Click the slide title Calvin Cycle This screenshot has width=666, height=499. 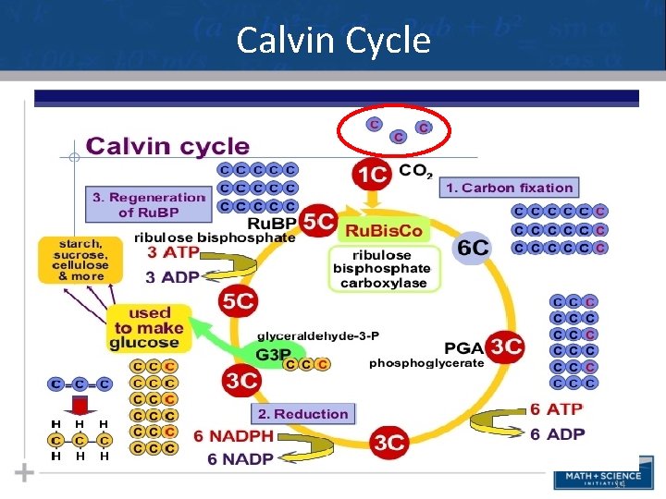pyautogui.click(x=333, y=41)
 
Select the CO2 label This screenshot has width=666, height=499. pyautogui.click(x=415, y=171)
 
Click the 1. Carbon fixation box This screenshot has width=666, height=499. pyautogui.click(x=510, y=188)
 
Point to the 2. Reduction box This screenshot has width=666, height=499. pyautogui.click(x=303, y=414)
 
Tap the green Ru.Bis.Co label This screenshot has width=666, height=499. pyautogui.click(x=384, y=229)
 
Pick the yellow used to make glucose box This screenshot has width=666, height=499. pyautogui.click(x=148, y=328)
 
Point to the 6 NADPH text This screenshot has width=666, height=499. pyautogui.click(x=233, y=436)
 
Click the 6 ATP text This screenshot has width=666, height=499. pyautogui.click(x=557, y=409)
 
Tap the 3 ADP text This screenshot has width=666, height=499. pyautogui.click(x=174, y=277)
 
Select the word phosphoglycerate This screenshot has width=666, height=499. pyautogui.click(x=426, y=363)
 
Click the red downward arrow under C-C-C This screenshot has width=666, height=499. pyautogui.click(x=80, y=405)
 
